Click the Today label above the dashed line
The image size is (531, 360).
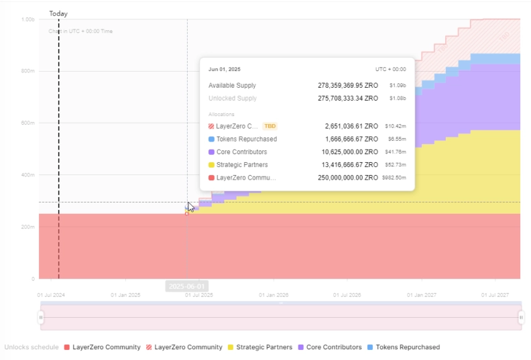[x=58, y=13]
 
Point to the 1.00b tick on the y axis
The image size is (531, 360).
[x=28, y=19]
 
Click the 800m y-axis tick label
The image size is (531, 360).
[x=28, y=71]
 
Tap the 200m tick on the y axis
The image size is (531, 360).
[x=28, y=227]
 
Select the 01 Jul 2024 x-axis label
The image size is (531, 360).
[x=50, y=294]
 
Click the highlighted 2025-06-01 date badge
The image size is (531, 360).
[x=186, y=286]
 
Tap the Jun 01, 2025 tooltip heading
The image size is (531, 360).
[x=225, y=69]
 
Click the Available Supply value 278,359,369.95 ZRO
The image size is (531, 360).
[x=347, y=86]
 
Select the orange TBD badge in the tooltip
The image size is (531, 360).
[x=270, y=126]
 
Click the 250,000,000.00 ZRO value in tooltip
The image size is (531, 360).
[x=347, y=178]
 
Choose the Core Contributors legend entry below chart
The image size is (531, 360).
[x=333, y=347]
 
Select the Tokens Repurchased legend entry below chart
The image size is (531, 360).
[x=408, y=347]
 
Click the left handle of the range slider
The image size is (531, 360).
[x=41, y=317]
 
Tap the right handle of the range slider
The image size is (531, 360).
[x=521, y=317]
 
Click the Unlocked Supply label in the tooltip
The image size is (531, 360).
[x=233, y=99]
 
